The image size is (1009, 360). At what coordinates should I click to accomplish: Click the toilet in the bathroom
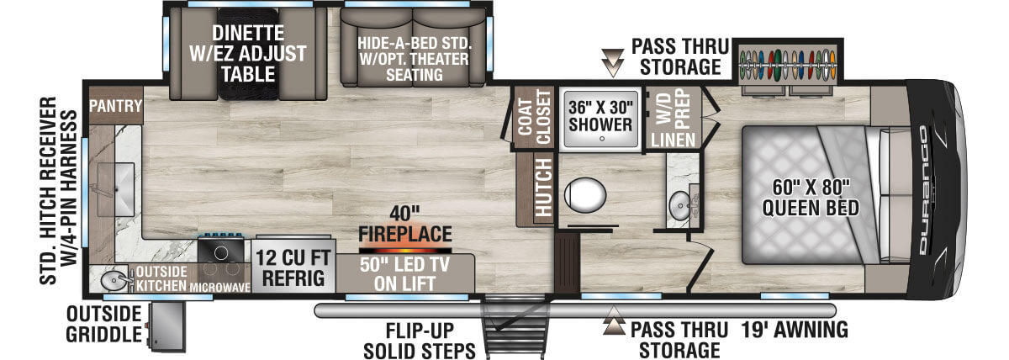point(584,195)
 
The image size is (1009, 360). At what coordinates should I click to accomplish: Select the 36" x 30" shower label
point(600,116)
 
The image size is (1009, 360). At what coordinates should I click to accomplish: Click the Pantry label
point(115,106)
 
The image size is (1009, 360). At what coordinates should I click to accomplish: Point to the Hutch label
point(544,187)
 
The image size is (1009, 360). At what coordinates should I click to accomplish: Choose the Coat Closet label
point(534,117)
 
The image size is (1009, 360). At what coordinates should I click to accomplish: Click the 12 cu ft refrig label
point(293,268)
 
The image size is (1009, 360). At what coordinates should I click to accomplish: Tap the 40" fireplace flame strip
point(405,251)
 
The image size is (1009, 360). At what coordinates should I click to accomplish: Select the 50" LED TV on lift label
point(404,274)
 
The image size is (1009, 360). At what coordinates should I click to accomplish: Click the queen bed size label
point(811,198)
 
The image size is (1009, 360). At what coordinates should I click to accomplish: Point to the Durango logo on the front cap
point(924,190)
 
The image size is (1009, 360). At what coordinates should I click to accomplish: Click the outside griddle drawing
point(166,327)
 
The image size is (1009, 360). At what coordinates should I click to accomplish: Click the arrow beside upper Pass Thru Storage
point(613,62)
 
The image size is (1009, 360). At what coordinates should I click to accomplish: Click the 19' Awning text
point(795,330)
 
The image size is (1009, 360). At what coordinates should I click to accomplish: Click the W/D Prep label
point(673,106)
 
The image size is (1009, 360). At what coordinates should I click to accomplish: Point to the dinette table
point(247,54)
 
